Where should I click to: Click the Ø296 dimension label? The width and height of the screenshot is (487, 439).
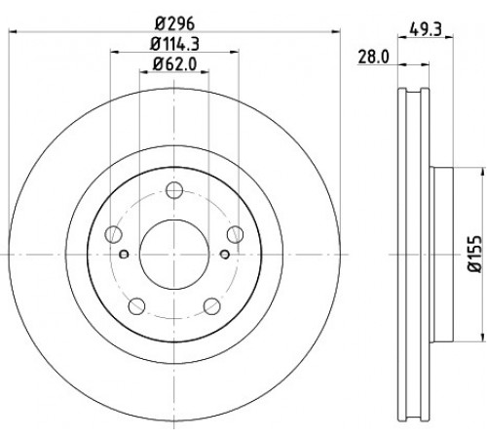click(174, 23)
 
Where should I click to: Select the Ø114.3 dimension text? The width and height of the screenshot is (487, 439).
click(174, 44)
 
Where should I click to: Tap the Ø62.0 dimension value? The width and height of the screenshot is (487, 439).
click(174, 64)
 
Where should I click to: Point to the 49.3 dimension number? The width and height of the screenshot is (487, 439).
click(426, 30)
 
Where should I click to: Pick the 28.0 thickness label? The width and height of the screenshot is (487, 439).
click(373, 58)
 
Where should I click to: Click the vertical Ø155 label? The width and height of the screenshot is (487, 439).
click(474, 255)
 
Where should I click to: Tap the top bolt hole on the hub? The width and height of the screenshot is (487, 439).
click(174, 190)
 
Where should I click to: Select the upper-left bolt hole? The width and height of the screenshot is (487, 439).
click(113, 234)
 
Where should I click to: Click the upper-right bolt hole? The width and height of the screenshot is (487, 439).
click(235, 234)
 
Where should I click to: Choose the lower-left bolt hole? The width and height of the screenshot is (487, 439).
click(136, 305)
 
